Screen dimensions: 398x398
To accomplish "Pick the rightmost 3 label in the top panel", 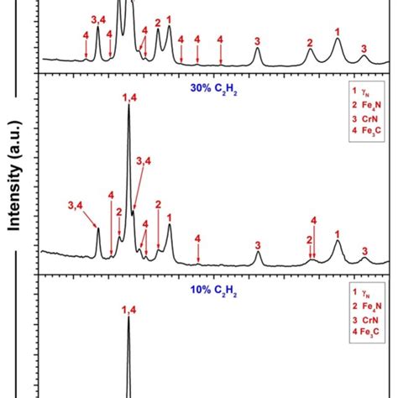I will [364, 50].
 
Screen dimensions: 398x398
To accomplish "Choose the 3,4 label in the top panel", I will [97, 18].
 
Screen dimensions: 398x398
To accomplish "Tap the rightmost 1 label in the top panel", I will [338, 32].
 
